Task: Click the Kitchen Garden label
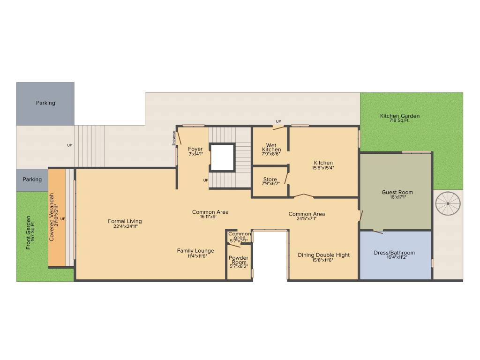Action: pos(399,116)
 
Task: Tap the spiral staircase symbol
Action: pos(448,203)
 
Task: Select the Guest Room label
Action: pos(397,192)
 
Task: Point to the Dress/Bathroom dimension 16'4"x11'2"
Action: pos(397,257)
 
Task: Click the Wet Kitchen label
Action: pos(271,148)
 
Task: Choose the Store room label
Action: pos(270,180)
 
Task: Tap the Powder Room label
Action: pos(239,260)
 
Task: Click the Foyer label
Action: pos(195,149)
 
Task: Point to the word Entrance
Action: pos(173,138)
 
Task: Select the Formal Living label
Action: pos(125,221)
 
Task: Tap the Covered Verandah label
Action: pos(52,217)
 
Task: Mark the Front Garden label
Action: pos(28,232)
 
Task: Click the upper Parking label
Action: pos(45,103)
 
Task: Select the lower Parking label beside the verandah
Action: pos(32,180)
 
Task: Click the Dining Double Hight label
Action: pos(323,255)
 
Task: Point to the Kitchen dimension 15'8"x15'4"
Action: pos(323,168)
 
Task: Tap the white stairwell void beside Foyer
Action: pos(223,157)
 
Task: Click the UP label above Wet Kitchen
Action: pos(278,121)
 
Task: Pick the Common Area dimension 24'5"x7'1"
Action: pos(307,218)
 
